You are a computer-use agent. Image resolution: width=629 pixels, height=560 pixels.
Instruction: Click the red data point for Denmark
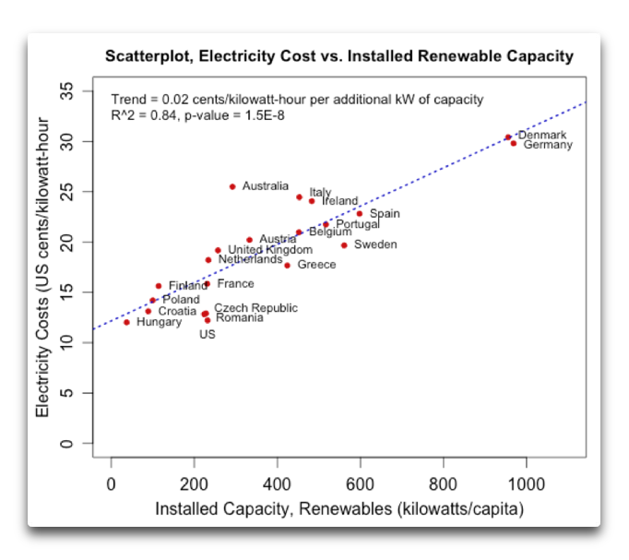click(x=508, y=137)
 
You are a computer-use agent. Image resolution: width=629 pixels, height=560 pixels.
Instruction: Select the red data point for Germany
click(x=514, y=143)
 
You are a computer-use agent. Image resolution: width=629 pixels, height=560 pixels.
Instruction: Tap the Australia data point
click(x=232, y=186)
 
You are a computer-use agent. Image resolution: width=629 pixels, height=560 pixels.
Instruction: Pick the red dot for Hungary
click(x=126, y=322)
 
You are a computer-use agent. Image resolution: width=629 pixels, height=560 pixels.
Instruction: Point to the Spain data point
click(x=360, y=214)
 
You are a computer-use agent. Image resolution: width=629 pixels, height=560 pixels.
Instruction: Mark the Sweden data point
click(x=344, y=244)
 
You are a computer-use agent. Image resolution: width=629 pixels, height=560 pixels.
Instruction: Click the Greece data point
click(x=288, y=266)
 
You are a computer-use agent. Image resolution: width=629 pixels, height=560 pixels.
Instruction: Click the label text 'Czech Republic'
click(x=255, y=308)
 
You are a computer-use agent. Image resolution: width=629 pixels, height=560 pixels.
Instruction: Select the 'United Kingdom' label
click(x=269, y=250)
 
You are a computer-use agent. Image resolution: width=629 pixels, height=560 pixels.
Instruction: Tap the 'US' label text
click(x=208, y=334)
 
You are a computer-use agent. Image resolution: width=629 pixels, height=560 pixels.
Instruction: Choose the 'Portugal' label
click(x=357, y=224)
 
